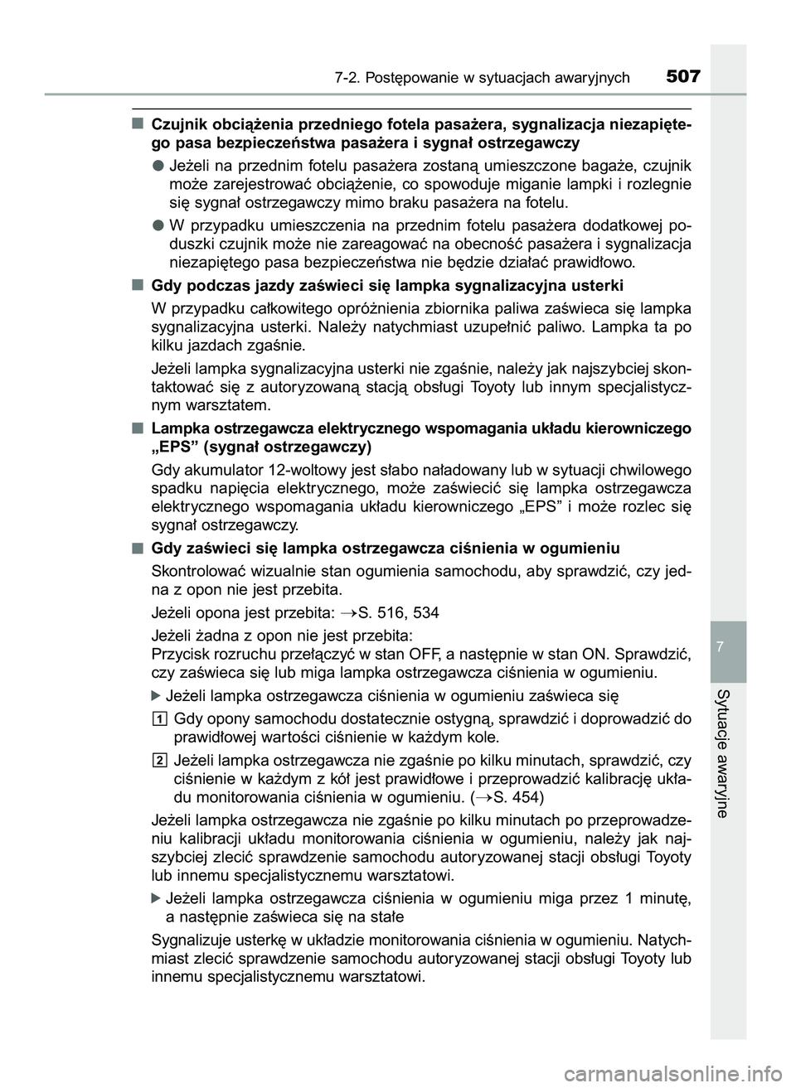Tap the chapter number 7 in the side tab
coord(727,646)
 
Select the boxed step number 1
coord(159,718)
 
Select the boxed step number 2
coord(159,761)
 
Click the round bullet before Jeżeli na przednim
coord(157,164)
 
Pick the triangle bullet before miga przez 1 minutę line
coord(158,898)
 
